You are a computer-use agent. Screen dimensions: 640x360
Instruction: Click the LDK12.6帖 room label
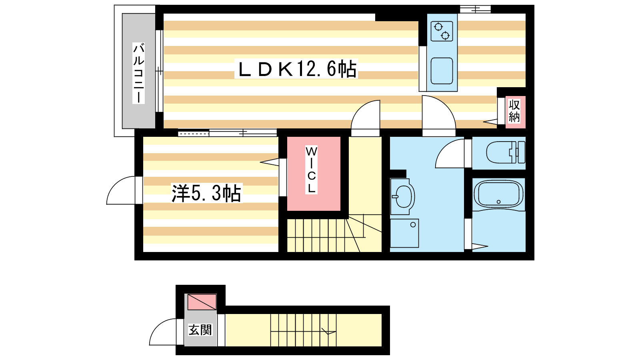coord(296,69)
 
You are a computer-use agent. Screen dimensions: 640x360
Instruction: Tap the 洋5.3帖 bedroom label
coord(206,193)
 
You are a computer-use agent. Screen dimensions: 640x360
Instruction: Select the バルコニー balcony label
coord(138,73)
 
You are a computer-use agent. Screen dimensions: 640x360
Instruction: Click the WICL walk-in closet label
coord(311,170)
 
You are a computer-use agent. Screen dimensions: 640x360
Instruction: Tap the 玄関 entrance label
coord(200,330)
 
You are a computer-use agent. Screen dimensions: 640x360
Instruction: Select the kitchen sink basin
coord(442,71)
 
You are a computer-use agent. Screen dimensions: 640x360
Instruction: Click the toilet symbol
coord(506,152)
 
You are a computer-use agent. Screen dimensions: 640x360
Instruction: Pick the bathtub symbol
coord(498,194)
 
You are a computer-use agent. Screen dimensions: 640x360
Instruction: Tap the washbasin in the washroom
coord(402,196)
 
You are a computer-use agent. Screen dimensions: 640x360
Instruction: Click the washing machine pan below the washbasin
coord(404,233)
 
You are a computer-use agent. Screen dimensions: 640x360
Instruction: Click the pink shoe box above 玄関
coord(202,302)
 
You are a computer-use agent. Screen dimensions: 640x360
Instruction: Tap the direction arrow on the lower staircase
coord(328,332)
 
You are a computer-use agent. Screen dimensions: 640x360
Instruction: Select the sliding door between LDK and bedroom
coord(228,133)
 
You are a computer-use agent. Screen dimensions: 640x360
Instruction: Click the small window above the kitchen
coord(475,10)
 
